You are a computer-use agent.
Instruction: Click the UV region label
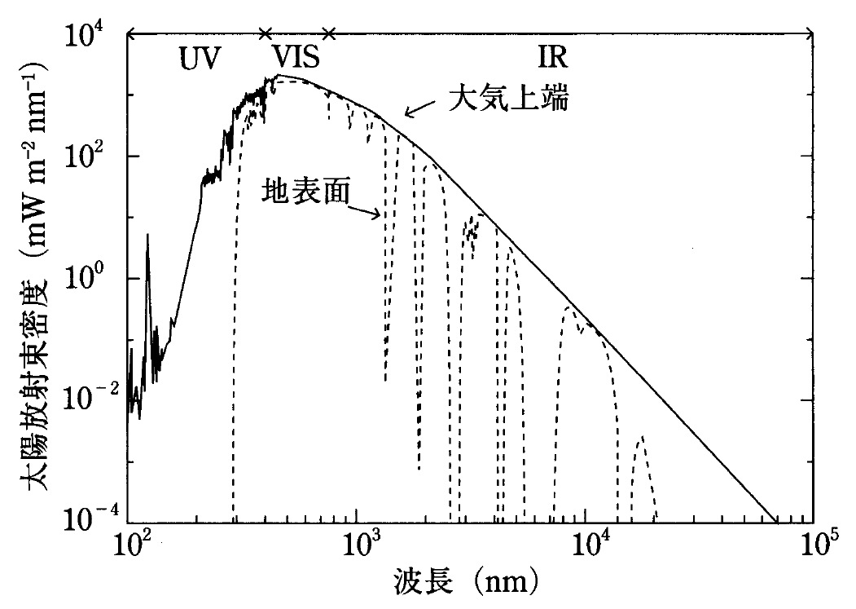[x=200, y=60]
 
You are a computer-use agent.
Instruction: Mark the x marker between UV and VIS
[x=264, y=33]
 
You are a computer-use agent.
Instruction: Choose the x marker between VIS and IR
[x=328, y=33]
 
